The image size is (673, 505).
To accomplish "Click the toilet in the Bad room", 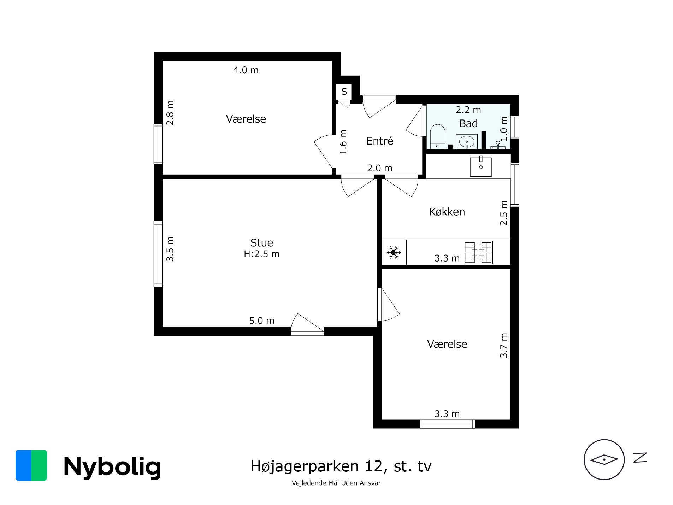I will [x=437, y=136].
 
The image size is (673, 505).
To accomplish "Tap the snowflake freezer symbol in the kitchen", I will [x=394, y=252].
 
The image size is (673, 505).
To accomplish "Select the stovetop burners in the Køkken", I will [x=478, y=252].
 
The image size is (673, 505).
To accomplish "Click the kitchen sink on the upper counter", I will [x=480, y=167].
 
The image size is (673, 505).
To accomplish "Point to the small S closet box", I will [x=344, y=92].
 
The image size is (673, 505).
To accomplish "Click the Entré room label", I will [x=379, y=141].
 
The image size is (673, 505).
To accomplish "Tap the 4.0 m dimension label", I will [x=246, y=70].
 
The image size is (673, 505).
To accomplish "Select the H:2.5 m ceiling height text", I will [x=261, y=254].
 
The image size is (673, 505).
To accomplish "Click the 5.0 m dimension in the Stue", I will [x=261, y=321].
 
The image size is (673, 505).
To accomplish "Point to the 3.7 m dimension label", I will [x=503, y=345].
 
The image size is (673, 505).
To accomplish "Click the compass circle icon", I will [x=604, y=459].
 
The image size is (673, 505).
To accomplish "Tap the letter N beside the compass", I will [x=640, y=458].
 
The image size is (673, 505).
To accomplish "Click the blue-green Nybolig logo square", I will [x=31, y=465].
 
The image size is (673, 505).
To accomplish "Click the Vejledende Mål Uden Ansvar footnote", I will [x=336, y=483].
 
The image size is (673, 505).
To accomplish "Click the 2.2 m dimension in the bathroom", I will [x=468, y=110].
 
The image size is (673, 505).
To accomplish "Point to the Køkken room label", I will [x=447, y=212].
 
